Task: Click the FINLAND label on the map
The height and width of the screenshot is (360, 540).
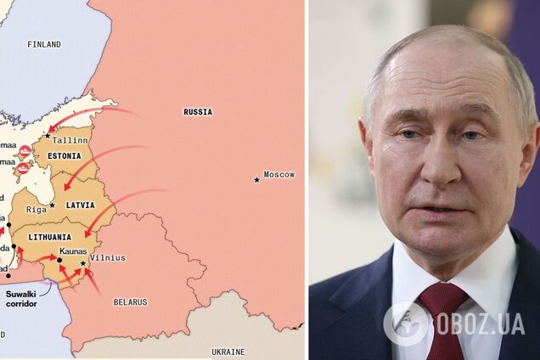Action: point(43,44)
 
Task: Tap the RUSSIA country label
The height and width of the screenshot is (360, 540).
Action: point(198,112)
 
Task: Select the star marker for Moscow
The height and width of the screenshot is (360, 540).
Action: point(256,179)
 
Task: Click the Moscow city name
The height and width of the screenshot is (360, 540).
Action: point(278,175)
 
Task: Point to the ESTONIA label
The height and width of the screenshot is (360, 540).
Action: point(64,156)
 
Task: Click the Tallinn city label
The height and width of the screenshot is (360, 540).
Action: point(70,140)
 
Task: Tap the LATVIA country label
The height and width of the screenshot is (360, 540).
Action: point(81,205)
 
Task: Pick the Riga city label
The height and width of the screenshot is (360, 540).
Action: point(36,209)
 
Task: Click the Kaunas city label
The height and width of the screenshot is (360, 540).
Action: point(73,252)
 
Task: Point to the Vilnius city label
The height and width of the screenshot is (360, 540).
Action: point(107,258)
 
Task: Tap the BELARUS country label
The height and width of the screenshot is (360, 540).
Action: point(130,302)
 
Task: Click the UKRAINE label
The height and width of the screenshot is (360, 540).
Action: point(228,352)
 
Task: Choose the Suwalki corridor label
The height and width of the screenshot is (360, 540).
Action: point(21,298)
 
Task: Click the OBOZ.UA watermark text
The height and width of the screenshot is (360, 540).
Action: point(481,323)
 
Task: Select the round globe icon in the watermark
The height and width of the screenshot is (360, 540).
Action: point(407,323)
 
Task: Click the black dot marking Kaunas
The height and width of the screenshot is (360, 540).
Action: point(59,260)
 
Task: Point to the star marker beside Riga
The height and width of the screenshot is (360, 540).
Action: point(52,205)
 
